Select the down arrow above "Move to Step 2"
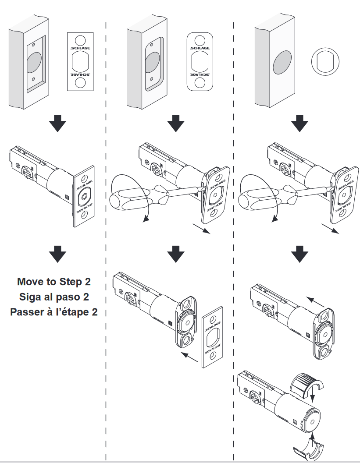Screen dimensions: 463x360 pos(57,254)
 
